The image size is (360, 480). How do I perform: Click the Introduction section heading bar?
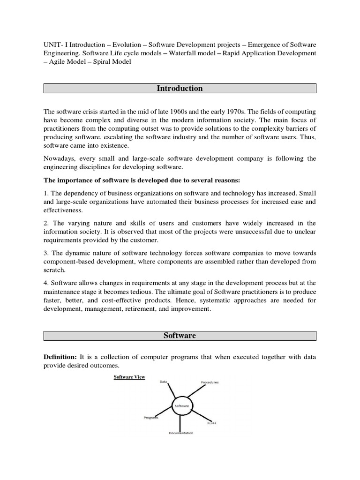(180, 89)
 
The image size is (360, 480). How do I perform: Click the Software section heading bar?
(180, 336)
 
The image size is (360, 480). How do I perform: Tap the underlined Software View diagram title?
(129, 377)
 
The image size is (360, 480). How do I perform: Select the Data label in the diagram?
(163, 382)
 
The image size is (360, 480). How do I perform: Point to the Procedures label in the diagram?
(210, 382)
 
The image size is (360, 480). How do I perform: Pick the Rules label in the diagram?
(211, 423)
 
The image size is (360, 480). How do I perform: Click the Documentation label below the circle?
(181, 433)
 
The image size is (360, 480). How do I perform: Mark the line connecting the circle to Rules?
(199, 416)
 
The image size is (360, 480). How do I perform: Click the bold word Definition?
(60, 357)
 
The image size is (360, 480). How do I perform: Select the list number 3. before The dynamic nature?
(46, 253)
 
